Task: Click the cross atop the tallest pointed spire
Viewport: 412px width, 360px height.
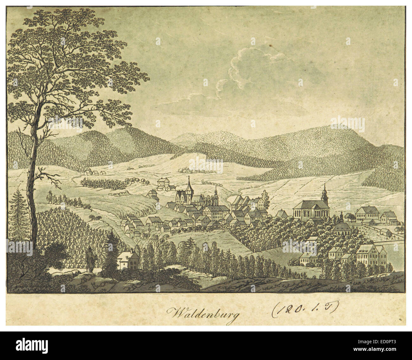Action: click(x=189, y=177)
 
